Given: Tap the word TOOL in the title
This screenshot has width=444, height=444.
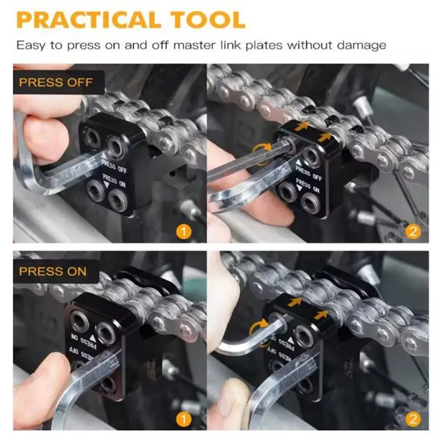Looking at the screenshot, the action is (x=208, y=20).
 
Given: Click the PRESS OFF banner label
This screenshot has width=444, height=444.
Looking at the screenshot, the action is (x=56, y=82).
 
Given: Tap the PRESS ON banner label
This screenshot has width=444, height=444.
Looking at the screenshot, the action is (x=53, y=271).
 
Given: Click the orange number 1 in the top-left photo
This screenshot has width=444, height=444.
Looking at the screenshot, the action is (x=184, y=231).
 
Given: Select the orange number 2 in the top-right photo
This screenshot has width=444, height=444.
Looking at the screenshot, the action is (x=413, y=231).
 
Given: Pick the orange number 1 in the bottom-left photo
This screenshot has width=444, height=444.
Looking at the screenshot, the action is (x=184, y=419).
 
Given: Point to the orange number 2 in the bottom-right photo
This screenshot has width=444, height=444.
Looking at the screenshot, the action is (x=413, y=419).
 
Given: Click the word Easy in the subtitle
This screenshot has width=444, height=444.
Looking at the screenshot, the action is (x=31, y=46).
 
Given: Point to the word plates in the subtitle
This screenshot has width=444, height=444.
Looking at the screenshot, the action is (x=264, y=46).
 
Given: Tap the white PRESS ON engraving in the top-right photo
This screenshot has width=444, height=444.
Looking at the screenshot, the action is (x=308, y=186).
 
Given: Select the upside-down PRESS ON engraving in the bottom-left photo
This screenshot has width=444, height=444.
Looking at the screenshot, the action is (x=84, y=340).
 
